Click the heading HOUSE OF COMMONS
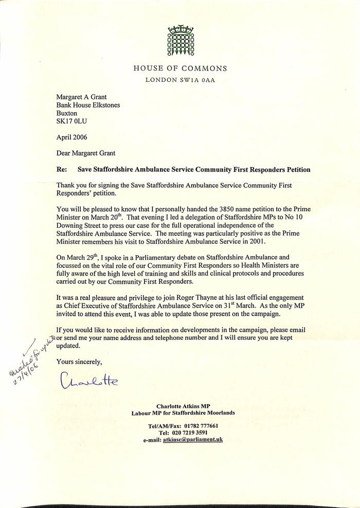[x=180, y=68]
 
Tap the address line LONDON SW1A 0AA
[x=180, y=80]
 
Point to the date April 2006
[x=72, y=137]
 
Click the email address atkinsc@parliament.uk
[x=192, y=440]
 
